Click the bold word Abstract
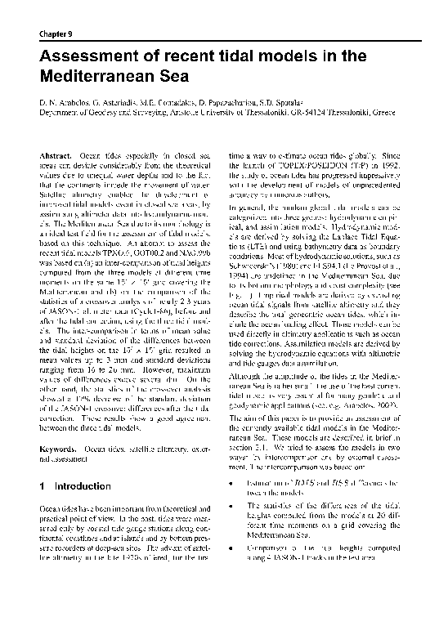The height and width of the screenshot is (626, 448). pos(56,155)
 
